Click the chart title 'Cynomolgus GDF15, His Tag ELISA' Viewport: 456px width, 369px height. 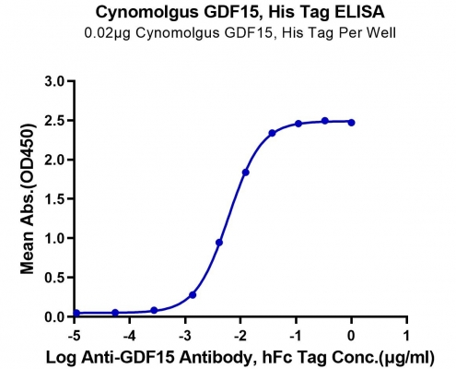click(240, 13)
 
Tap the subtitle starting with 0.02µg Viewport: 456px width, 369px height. click(240, 33)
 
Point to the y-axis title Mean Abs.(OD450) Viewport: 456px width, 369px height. click(27, 199)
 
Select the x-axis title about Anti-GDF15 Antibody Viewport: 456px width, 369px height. click(240, 358)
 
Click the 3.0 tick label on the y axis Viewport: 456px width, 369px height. click(54, 81)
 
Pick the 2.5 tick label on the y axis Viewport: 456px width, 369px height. click(54, 121)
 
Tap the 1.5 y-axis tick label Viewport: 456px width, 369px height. click(54, 199)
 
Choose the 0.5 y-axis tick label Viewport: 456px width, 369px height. click(54, 278)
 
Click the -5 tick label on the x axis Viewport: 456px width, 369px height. click(74, 336)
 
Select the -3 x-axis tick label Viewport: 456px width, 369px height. click(185, 336)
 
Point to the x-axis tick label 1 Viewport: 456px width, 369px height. click(406, 336)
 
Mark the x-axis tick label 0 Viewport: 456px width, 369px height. click(351, 336)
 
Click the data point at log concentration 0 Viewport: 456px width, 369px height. click(351, 123)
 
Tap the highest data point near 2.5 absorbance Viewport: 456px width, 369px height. click(325, 121)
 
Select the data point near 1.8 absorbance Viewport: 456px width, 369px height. click(246, 173)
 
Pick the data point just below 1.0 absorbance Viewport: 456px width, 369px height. click(219, 243)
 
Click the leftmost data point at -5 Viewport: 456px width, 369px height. click(76, 313)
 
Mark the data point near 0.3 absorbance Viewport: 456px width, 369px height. click(193, 295)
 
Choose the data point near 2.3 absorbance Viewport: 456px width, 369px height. click(272, 133)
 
